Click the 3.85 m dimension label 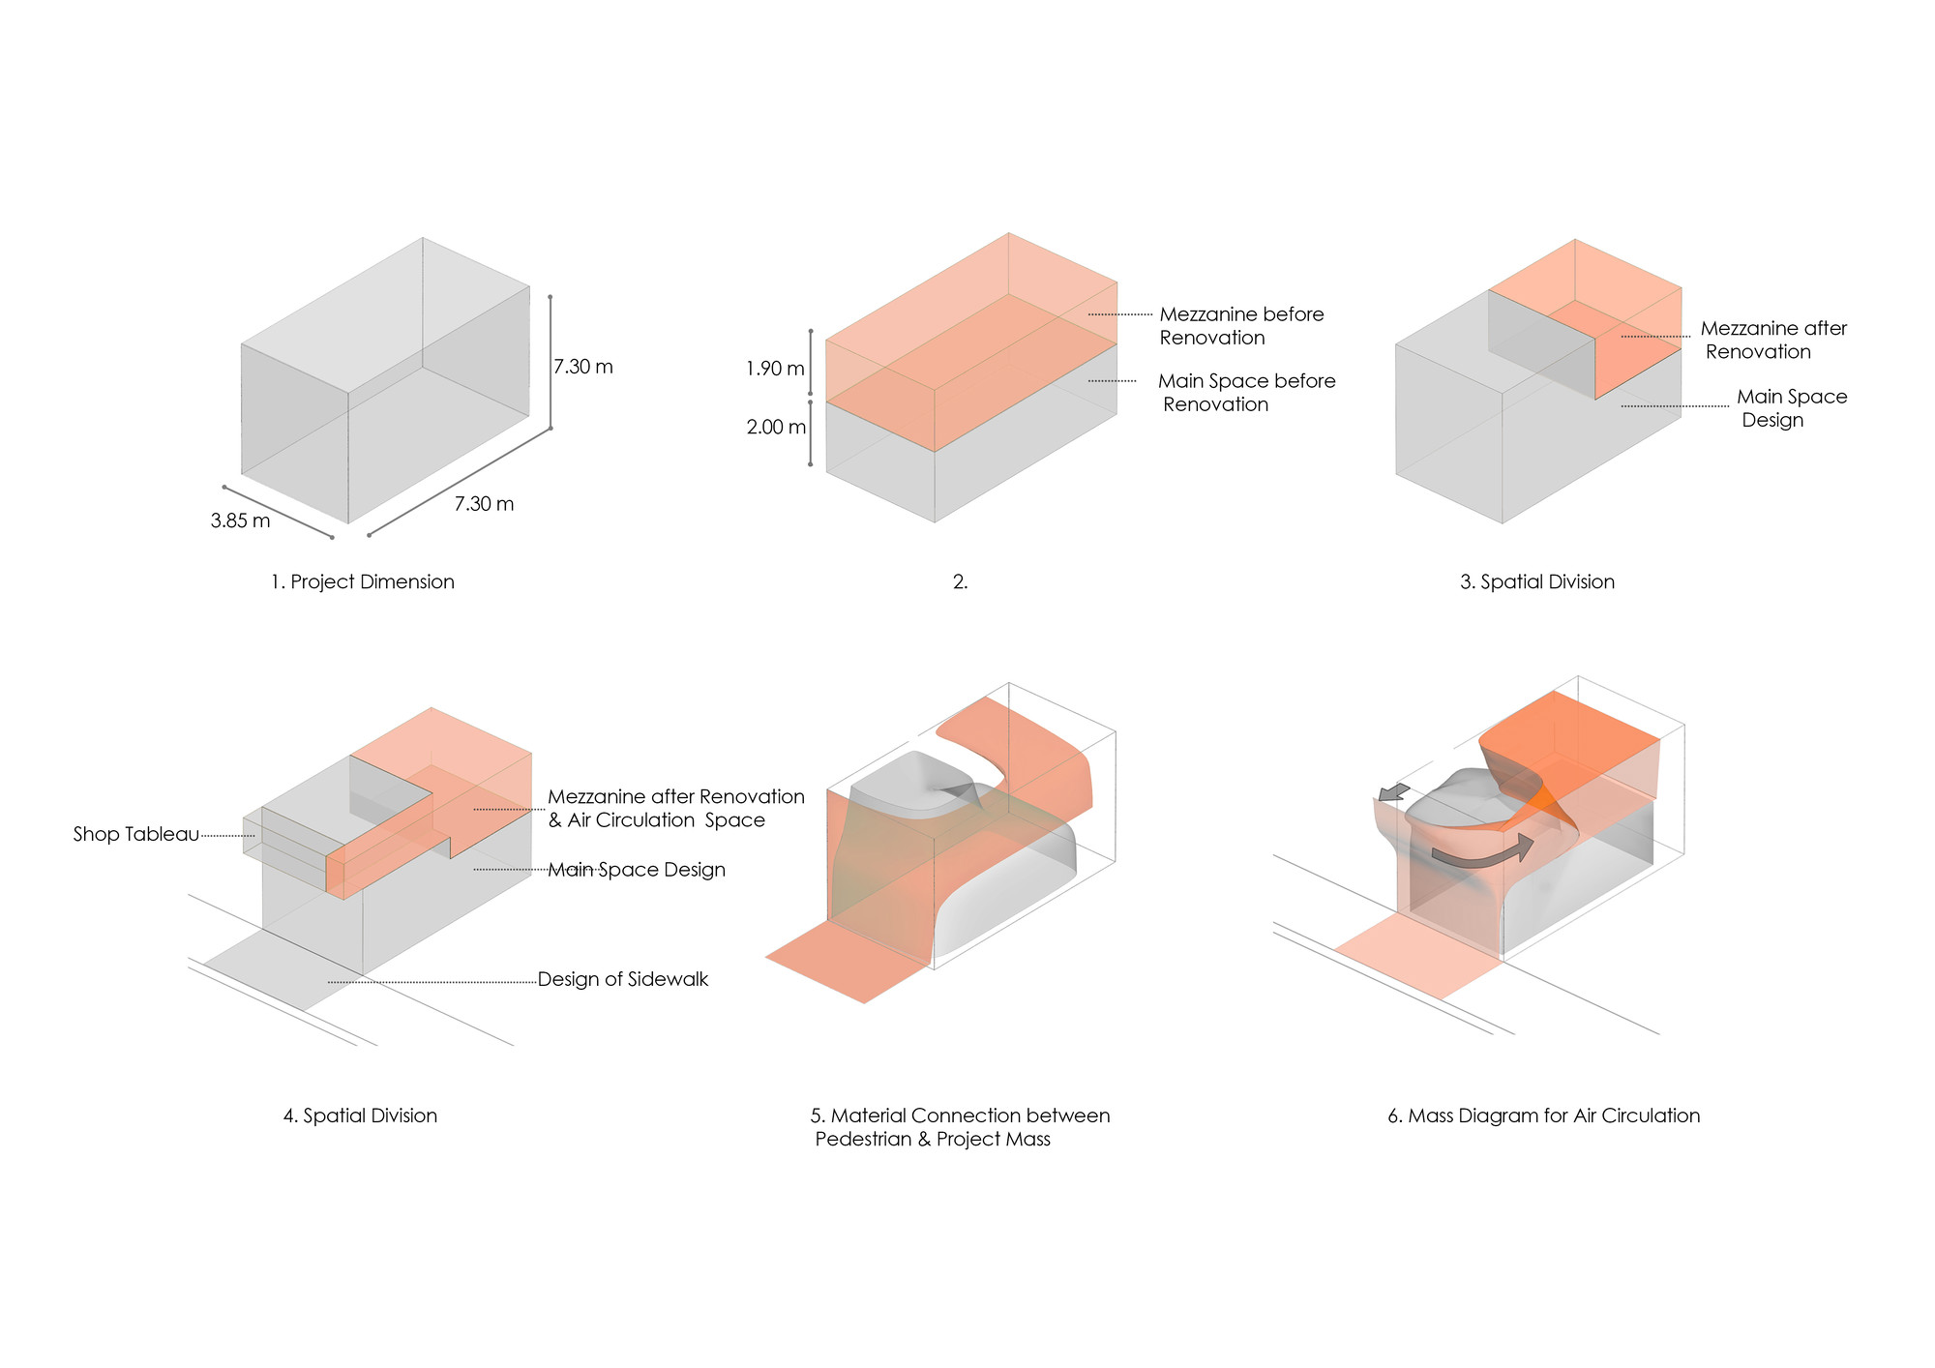click(240, 521)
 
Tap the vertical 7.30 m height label click(582, 367)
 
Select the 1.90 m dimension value click(775, 369)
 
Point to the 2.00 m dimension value click(776, 427)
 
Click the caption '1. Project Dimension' click(362, 581)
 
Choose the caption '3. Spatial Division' click(1536, 581)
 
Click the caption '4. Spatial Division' click(360, 1115)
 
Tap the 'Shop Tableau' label click(135, 834)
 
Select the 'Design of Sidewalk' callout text click(622, 979)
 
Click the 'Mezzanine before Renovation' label click(1240, 326)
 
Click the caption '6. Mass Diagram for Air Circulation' click(1543, 1115)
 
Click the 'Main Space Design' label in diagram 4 click(637, 870)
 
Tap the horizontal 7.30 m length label click(484, 504)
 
